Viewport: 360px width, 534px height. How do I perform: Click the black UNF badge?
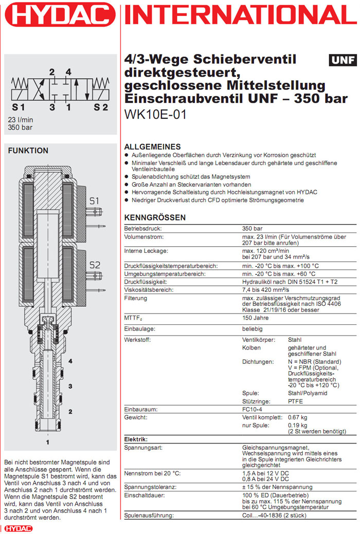[x=343, y=60]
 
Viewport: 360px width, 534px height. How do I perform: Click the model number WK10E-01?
[x=155, y=114]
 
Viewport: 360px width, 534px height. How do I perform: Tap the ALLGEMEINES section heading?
[x=153, y=146]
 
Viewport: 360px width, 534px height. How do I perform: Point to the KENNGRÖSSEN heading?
[x=155, y=217]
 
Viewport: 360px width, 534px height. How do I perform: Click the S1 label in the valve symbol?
[x=19, y=107]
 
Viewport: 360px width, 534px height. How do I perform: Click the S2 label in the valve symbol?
[x=101, y=107]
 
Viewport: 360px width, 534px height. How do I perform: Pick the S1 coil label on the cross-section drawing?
[x=94, y=201]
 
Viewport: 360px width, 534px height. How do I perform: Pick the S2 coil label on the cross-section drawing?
[x=95, y=265]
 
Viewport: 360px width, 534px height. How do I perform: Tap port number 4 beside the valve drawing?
[x=70, y=361]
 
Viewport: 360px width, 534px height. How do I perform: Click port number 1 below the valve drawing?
[x=48, y=441]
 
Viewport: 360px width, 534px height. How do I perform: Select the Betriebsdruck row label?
[x=143, y=228]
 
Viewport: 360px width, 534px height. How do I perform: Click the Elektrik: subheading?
[x=136, y=439]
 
